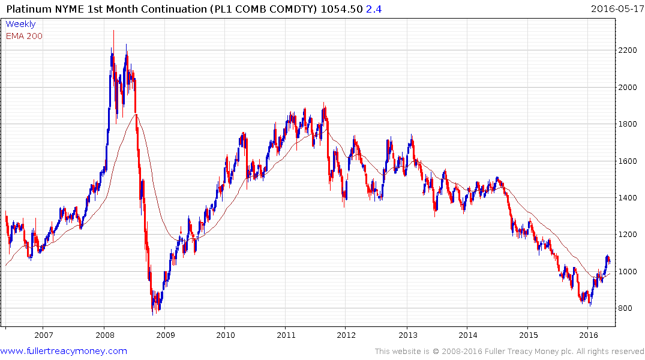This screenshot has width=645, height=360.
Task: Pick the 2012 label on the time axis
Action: pyautogui.click(x=346, y=335)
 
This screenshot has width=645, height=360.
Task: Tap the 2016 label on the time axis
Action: pyautogui.click(x=589, y=335)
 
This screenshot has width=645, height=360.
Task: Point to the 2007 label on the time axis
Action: pyautogui.click(x=43, y=335)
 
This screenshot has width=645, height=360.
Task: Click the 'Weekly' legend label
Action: pyautogui.click(x=20, y=24)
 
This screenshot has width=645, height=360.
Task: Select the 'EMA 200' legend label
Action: pyautogui.click(x=24, y=36)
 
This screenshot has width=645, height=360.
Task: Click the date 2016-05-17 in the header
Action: pyautogui.click(x=616, y=8)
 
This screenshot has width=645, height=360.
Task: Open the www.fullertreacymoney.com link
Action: pyautogui.click(x=64, y=351)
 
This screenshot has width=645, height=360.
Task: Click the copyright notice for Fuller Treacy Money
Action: pyautogui.click(x=509, y=352)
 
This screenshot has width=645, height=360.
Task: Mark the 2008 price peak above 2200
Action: pyautogui.click(x=113, y=31)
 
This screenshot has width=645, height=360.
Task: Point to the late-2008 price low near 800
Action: pyautogui.click(x=154, y=313)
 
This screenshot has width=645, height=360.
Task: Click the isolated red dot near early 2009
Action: pyautogui.click(x=181, y=232)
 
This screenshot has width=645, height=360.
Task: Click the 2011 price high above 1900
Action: pyautogui.click(x=324, y=103)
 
